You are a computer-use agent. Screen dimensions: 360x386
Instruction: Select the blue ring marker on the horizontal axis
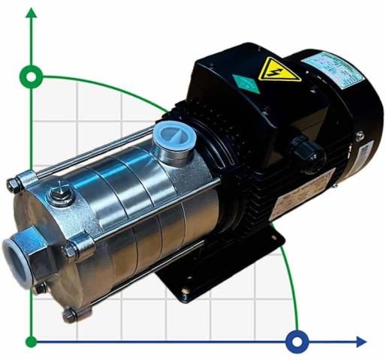[x=298, y=342]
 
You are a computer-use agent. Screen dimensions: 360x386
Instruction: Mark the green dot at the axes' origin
[x=31, y=342]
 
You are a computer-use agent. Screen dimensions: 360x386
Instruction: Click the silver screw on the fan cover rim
[x=359, y=136]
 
